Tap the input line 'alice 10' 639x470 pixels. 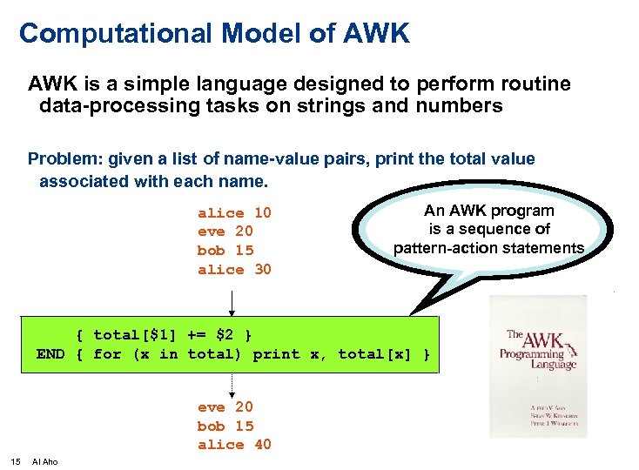(x=234, y=213)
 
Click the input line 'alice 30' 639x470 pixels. (x=234, y=270)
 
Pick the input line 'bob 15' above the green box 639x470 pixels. (x=225, y=251)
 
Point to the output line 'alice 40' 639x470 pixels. (x=234, y=445)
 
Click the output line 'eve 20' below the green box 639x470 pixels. (x=225, y=407)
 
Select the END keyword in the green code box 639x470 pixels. (x=50, y=354)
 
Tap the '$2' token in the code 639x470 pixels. (x=225, y=335)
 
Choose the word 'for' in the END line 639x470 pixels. (x=107, y=354)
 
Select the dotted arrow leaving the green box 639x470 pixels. (x=232, y=385)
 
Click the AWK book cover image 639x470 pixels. (x=538, y=366)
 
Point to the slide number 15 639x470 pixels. (x=15, y=461)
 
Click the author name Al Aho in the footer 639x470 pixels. (x=44, y=461)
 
